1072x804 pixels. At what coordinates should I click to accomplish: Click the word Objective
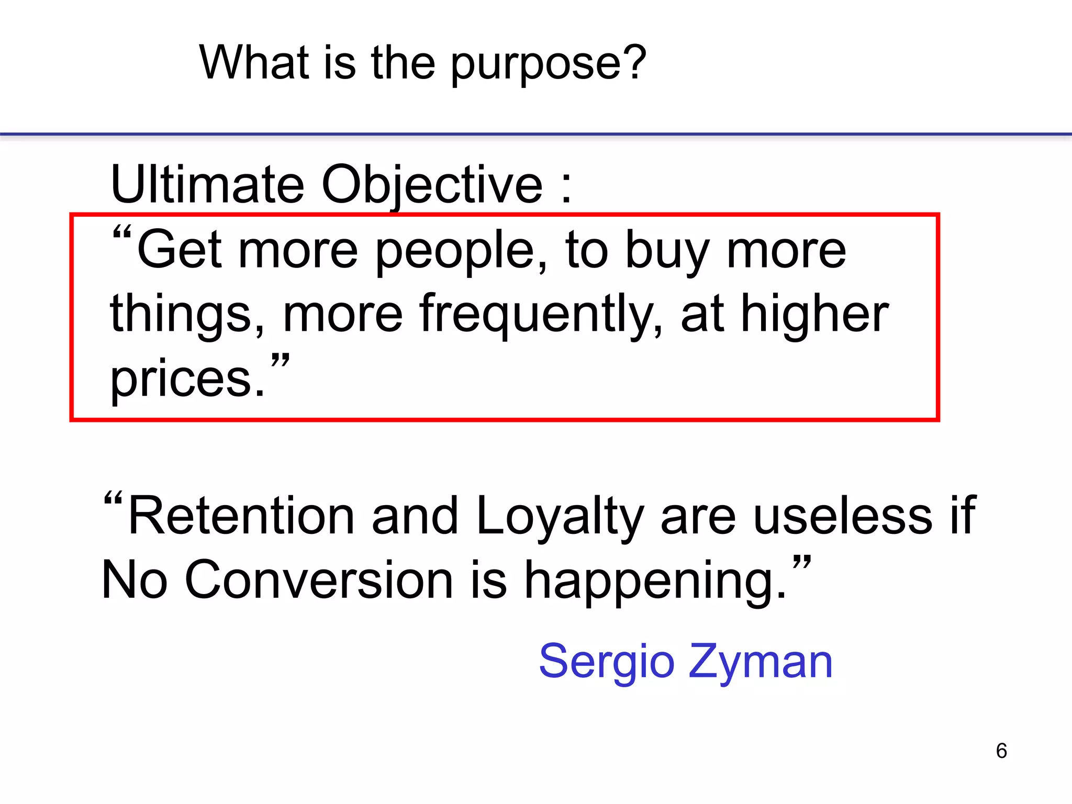pos(432,186)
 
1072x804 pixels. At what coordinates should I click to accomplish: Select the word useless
pos(842,516)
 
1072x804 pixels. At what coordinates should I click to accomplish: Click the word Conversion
pos(319,580)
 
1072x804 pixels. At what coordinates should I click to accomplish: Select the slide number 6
pos(1001,751)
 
